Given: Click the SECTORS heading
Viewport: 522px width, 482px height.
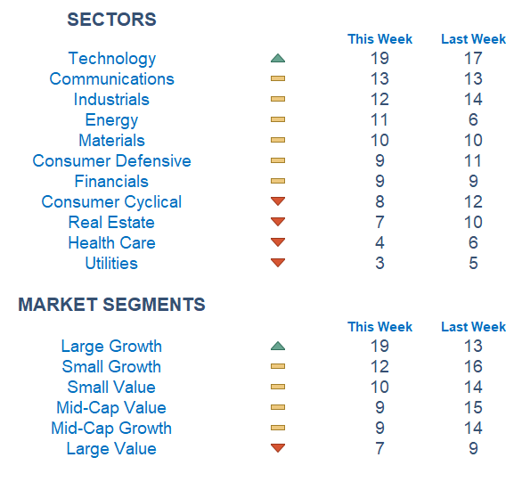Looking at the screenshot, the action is [x=111, y=20].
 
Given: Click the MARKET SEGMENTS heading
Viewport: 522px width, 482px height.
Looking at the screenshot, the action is [x=111, y=304].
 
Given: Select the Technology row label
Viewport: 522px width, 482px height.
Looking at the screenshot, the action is [x=112, y=59].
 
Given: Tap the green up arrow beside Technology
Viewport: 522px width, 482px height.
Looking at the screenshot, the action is [x=278, y=58].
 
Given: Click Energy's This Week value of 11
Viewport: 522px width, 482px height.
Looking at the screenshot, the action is [x=379, y=120].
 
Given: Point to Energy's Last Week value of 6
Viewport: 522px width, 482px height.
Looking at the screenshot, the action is [x=473, y=120].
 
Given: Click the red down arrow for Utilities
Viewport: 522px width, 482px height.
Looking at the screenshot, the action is [x=278, y=263].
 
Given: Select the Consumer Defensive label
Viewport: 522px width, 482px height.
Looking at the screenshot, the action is [x=112, y=160].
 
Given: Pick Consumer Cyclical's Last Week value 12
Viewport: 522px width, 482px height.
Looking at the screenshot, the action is [x=473, y=201].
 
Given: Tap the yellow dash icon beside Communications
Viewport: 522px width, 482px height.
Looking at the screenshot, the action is [x=278, y=78].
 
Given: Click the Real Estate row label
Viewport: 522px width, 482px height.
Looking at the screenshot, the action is [x=111, y=223].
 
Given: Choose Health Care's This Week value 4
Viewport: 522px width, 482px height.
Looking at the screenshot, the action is [x=379, y=242].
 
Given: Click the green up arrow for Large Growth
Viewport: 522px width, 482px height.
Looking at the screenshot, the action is [x=278, y=346].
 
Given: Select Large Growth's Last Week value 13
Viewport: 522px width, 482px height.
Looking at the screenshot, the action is [x=473, y=347].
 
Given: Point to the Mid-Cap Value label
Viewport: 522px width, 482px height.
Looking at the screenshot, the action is [x=111, y=408].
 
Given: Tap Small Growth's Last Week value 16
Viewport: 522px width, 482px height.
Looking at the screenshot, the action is [x=473, y=366].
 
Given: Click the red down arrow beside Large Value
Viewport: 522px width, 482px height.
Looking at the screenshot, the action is [x=278, y=448].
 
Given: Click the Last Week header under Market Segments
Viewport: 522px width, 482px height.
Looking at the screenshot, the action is [x=473, y=327].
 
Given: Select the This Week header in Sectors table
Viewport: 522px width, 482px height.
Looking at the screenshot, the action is [x=379, y=39].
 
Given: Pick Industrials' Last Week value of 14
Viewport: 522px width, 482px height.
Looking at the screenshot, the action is [x=473, y=99].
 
